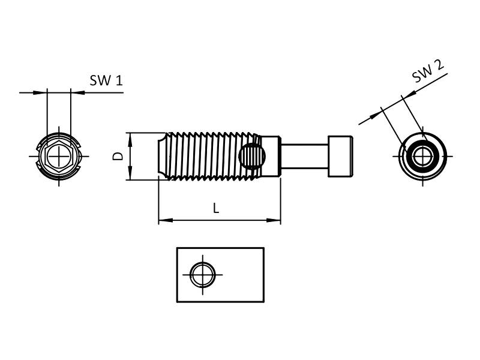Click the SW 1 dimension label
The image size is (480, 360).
106,80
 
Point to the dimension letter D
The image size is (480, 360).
118,155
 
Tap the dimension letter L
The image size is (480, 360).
216,209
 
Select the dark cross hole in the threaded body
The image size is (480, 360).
251,157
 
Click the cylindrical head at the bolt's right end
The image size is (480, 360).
340,156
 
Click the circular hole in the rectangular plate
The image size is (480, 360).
202,275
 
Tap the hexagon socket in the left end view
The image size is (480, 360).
59,156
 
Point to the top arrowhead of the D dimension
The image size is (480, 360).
130,136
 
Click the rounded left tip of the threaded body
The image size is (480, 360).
161,156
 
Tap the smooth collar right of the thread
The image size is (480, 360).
271,156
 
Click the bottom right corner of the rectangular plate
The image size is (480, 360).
264,302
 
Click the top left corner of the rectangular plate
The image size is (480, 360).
177,248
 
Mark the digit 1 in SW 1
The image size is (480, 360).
119,80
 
